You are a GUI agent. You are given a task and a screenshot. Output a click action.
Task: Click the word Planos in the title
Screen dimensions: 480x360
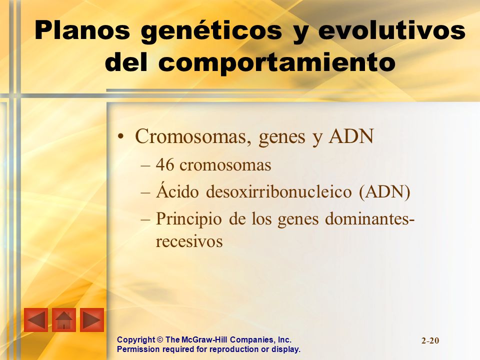(x=82, y=30)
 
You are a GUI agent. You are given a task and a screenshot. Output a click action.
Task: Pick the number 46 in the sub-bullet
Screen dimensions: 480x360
(x=164, y=165)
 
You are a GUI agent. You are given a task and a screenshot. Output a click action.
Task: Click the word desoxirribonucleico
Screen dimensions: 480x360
(x=279, y=192)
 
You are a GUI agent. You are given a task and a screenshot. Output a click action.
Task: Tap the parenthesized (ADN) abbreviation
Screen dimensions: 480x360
(x=384, y=192)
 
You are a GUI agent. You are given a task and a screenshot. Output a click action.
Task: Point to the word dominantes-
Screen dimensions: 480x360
(x=369, y=219)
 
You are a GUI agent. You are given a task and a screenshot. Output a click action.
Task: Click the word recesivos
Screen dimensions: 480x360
(x=189, y=242)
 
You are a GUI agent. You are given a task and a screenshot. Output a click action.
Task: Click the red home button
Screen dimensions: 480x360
(x=64, y=320)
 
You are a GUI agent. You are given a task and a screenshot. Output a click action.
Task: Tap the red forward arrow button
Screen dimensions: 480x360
(x=92, y=320)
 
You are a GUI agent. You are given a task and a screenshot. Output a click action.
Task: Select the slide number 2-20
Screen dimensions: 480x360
(x=430, y=340)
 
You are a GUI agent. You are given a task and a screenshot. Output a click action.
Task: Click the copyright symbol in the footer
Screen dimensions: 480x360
(x=160, y=340)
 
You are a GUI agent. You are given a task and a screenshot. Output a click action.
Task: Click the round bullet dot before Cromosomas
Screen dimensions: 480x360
(x=121, y=137)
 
